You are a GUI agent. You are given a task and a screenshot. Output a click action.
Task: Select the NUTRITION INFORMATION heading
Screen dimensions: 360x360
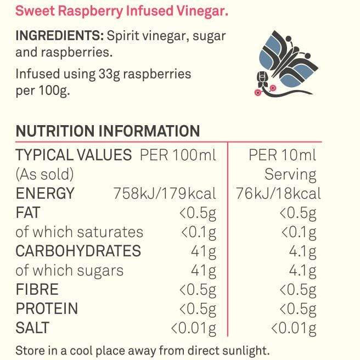108,131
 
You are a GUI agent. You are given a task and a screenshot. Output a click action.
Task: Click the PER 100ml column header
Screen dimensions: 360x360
178,155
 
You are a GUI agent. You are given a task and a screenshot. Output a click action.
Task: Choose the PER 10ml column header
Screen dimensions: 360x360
283,155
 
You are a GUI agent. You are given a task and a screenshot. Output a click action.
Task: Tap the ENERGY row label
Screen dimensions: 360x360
45,194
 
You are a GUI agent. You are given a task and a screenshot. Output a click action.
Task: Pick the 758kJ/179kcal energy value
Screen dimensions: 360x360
165,194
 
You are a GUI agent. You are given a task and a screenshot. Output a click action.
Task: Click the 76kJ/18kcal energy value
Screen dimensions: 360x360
278,194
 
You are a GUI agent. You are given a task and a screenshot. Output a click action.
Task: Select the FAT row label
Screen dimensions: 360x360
28,212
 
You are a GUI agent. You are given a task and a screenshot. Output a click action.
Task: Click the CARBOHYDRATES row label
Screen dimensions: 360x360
78,251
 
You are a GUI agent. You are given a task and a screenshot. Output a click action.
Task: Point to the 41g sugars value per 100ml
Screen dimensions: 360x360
202,271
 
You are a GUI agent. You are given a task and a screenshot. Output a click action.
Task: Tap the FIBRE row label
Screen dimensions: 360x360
37,289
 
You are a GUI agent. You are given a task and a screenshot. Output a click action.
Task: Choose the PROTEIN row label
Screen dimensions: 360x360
47,308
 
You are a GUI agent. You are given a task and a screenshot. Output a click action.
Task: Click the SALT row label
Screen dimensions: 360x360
32,328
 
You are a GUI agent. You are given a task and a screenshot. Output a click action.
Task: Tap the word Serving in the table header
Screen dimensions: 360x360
290,175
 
